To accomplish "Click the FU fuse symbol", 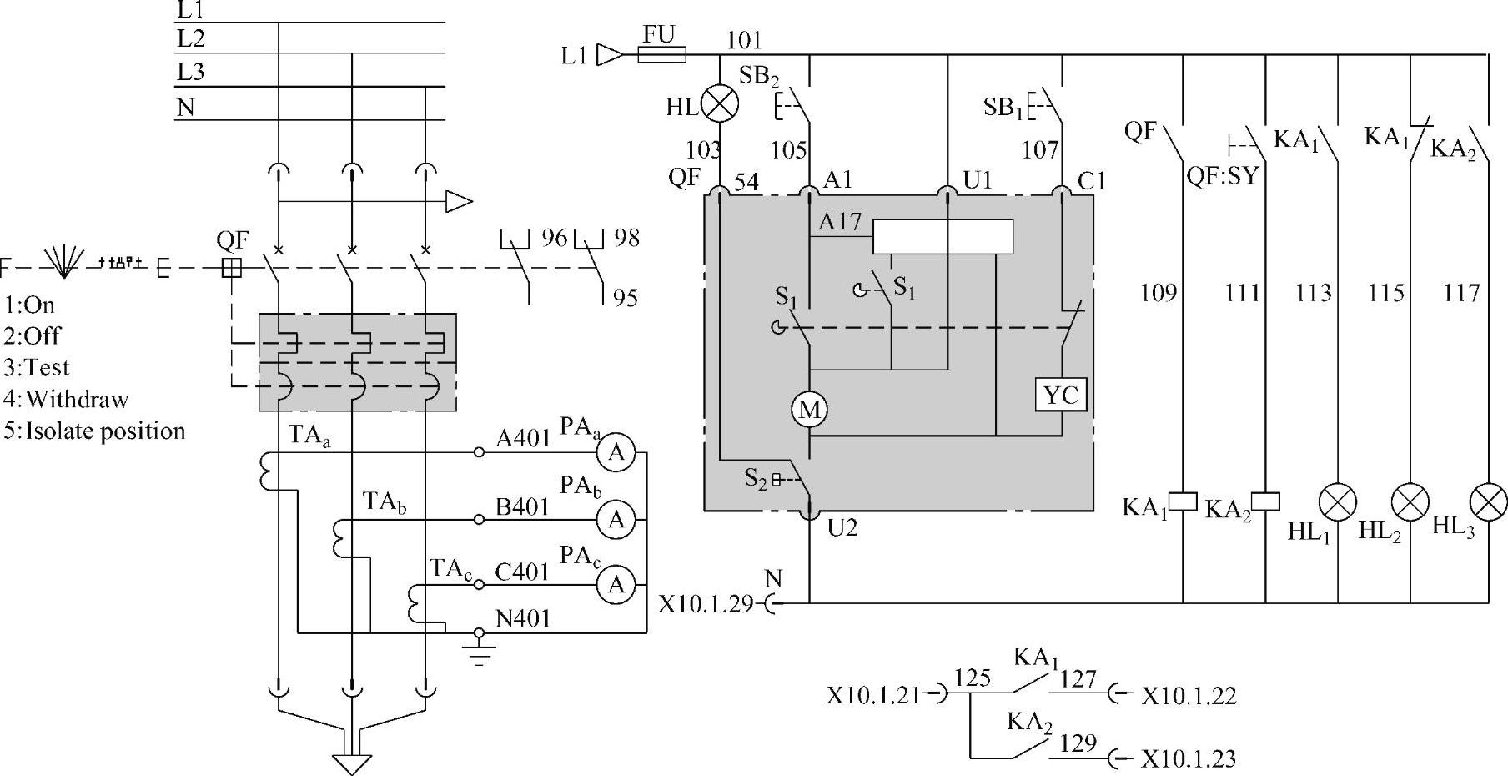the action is point(661,55).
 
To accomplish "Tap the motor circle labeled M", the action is point(810,410).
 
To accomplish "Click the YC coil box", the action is point(1061,395).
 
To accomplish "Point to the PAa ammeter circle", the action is point(616,452).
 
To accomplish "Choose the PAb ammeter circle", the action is point(616,520).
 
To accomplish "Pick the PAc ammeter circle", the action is point(616,585).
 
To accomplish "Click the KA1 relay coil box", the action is point(1183,501).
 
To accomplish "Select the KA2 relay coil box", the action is point(1266,501).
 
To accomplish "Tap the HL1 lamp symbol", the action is point(1338,502).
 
